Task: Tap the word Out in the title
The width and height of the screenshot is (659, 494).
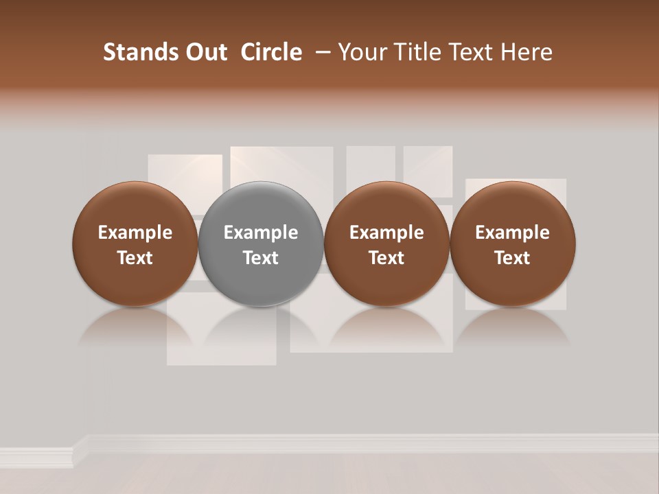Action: pyautogui.click(x=205, y=52)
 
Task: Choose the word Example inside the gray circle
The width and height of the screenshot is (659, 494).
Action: pyautogui.click(x=261, y=233)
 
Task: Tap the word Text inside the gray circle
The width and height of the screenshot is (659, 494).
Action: pyautogui.click(x=261, y=258)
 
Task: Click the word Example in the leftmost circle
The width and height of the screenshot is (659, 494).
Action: pyautogui.click(x=135, y=233)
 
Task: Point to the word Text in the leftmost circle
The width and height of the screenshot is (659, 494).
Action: pyautogui.click(x=135, y=258)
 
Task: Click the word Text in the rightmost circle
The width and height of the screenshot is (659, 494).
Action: pyautogui.click(x=513, y=258)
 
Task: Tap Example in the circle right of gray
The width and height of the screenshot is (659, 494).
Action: pyautogui.click(x=386, y=233)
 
